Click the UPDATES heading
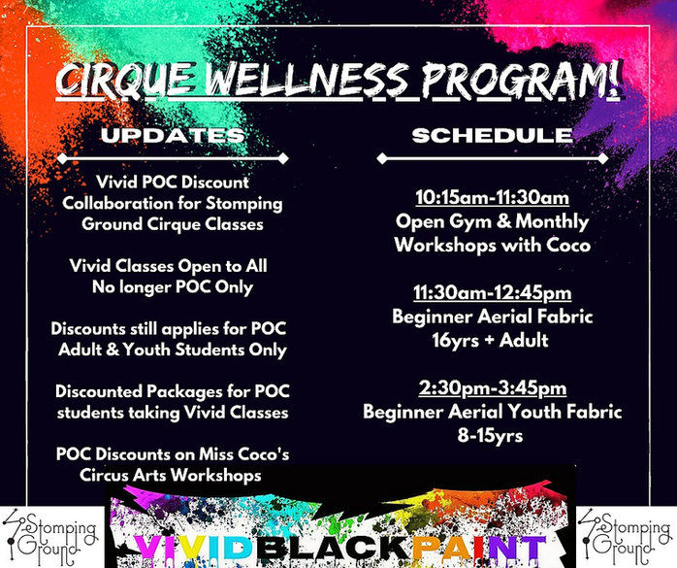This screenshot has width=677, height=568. coord(173,135)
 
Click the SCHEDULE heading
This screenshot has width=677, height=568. coord(492,135)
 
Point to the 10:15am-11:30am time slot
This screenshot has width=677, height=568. coord(492,198)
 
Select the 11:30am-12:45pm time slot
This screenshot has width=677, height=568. coord(492,293)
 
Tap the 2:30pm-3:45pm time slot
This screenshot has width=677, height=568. coord(492,388)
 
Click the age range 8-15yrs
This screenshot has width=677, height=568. coord(491,436)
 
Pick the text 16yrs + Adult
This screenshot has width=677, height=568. coord(491,341)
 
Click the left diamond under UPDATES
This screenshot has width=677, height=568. coord(62,158)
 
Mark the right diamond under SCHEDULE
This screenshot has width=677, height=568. coord(602,158)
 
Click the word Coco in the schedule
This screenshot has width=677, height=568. coord(568,245)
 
